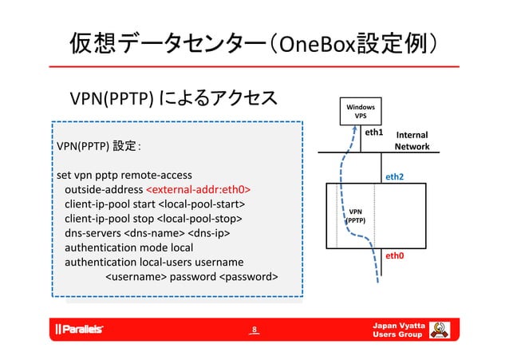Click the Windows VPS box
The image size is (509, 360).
[361, 111]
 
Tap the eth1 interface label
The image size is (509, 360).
[374, 132]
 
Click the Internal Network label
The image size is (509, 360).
[412, 141]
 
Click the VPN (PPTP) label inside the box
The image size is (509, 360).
[355, 214]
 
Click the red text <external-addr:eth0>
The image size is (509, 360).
[198, 189]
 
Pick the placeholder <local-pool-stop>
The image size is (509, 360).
[199, 218]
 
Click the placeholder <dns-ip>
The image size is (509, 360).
[209, 232]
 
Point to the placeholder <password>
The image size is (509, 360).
[248, 276]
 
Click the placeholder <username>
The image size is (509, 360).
[135, 276]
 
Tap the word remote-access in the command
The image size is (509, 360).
[157, 174]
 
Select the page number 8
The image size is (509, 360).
[254, 329]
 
